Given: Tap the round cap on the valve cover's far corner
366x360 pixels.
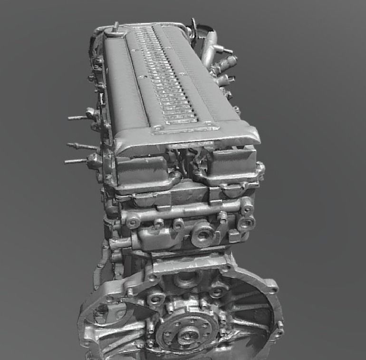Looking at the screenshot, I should pos(115,31).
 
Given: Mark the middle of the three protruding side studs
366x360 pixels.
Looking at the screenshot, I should pos(78,145).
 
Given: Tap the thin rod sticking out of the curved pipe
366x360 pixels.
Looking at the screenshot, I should pos(225,50).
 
